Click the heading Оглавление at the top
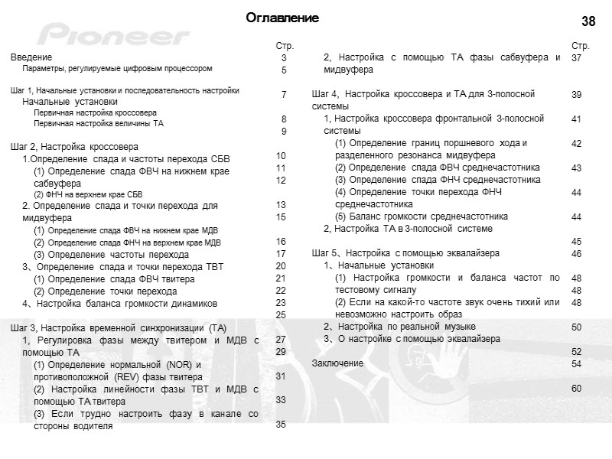click(x=282, y=18)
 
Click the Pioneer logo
click(x=115, y=35)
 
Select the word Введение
click(x=31, y=57)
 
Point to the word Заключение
click(x=337, y=363)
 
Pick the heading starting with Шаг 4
click(x=423, y=93)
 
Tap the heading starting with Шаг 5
click(x=405, y=253)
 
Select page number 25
click(x=281, y=314)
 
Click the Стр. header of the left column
click(x=284, y=46)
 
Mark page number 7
click(x=284, y=94)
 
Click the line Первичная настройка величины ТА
click(x=98, y=123)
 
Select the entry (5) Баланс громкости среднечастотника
click(x=422, y=216)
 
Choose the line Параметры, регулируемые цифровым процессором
click(x=116, y=69)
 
